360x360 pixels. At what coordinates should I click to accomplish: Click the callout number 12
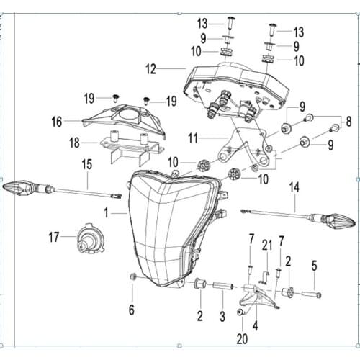tap(150, 69)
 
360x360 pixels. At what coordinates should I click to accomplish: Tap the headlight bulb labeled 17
tap(91, 238)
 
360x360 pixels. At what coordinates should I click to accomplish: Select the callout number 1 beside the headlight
tap(106, 212)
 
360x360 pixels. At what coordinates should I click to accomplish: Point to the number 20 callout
tap(242, 339)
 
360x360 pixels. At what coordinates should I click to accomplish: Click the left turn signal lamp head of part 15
tap(19, 187)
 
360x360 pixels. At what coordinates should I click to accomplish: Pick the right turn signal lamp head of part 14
tap(339, 220)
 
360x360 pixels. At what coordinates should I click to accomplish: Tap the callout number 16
tap(57, 122)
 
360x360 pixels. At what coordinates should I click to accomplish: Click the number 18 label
tap(74, 143)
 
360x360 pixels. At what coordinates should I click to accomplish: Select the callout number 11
tap(193, 138)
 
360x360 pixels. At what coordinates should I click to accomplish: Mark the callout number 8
tap(348, 122)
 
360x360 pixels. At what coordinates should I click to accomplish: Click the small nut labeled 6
tap(132, 276)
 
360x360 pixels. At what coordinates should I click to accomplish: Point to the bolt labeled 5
tap(311, 294)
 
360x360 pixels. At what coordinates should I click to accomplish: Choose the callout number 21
tap(267, 246)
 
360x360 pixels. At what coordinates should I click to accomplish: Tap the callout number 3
tap(222, 316)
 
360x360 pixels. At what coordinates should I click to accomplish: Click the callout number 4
tap(256, 325)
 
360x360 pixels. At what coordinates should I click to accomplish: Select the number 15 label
tap(87, 164)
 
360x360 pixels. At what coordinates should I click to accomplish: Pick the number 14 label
tap(294, 187)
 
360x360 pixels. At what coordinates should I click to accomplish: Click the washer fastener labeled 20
tap(240, 312)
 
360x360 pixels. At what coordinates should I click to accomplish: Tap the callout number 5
tap(314, 266)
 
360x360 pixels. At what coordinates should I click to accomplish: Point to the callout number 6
tap(132, 310)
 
